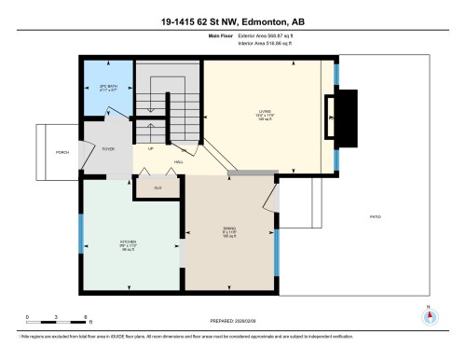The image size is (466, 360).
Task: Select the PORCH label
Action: tap(62, 152)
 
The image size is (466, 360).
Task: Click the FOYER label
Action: tap(108, 148)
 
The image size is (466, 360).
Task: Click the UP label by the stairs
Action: tap(150, 147)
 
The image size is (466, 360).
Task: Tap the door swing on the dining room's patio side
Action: tap(272, 198)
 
